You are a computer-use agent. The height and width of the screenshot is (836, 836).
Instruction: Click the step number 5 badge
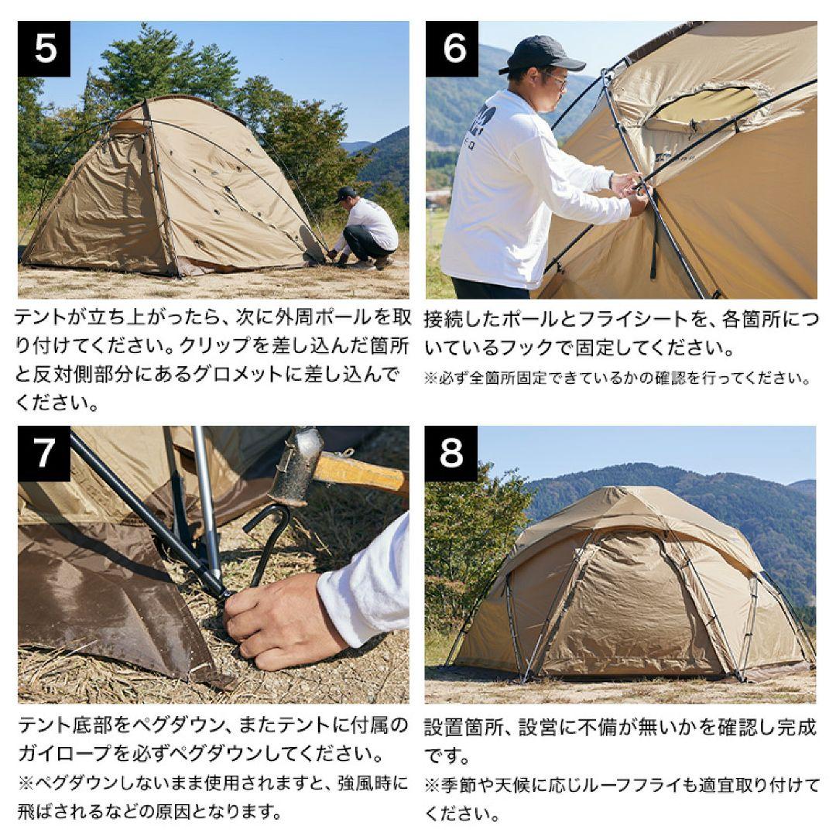(44, 49)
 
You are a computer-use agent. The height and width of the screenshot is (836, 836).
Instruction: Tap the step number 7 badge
(44, 453)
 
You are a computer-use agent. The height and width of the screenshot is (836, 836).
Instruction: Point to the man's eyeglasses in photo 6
(556, 80)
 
